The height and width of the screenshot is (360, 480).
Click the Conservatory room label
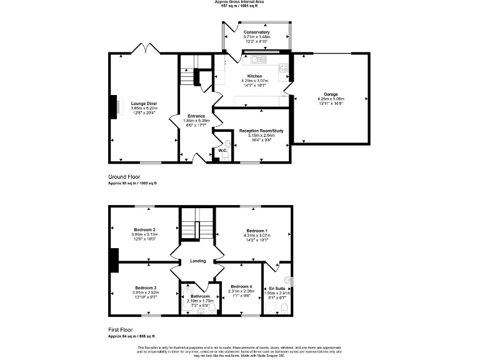click(257, 32)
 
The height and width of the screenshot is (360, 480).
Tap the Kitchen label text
click(254, 76)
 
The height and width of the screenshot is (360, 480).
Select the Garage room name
click(331, 94)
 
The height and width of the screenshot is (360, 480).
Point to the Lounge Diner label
click(144, 103)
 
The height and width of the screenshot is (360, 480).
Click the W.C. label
click(222, 150)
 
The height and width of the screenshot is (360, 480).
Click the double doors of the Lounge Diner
click(144, 48)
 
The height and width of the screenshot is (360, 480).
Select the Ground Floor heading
click(122, 177)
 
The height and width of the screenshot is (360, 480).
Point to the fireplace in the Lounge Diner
click(114, 106)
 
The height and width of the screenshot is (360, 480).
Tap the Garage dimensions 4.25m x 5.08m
click(331, 99)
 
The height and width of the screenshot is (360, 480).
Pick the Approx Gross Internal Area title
click(239, 2)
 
